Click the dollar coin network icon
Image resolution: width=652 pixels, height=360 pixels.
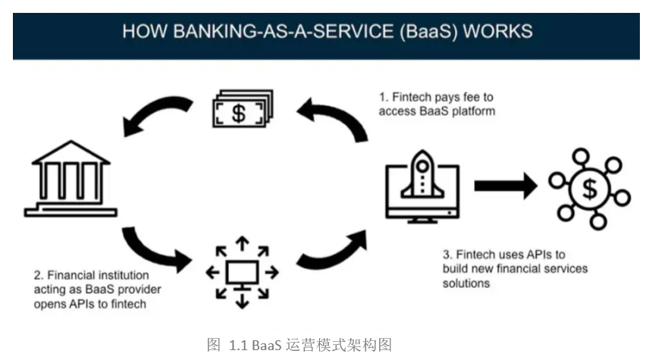(590, 187)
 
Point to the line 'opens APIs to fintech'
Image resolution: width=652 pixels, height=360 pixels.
(91, 303)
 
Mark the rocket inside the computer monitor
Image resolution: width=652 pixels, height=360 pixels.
(422, 177)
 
